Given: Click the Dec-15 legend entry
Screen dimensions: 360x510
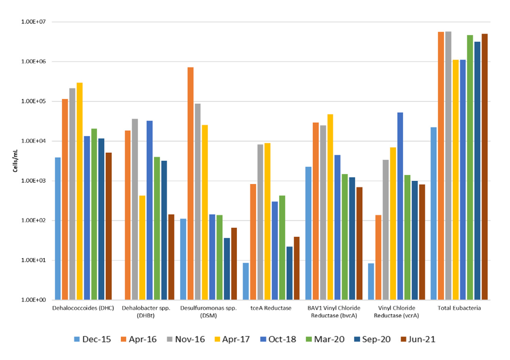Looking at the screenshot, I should (92, 339).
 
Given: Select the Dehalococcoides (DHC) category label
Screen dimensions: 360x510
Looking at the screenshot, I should (83, 308).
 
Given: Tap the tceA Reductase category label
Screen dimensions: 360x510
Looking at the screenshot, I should (271, 308).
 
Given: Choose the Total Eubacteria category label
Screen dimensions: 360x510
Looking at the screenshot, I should (459, 308).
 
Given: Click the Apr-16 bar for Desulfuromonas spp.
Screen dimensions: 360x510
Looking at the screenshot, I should (190, 184).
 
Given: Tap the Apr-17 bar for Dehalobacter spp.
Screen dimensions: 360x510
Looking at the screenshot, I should (142, 247).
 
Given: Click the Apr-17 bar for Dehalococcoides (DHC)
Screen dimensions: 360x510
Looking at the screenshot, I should (79, 191).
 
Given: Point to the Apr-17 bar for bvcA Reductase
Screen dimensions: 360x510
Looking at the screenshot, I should (330, 207).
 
